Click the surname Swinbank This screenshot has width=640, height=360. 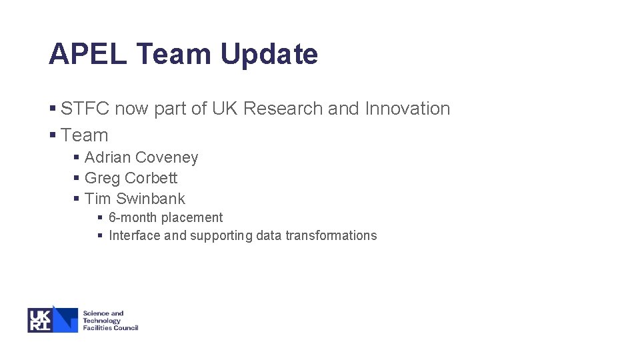151,199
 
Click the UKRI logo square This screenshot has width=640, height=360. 41,320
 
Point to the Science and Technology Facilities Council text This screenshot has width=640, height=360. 109,321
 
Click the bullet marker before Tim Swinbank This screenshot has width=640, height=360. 77,199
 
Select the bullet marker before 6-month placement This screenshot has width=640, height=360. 100,217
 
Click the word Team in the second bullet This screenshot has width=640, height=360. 84,135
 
